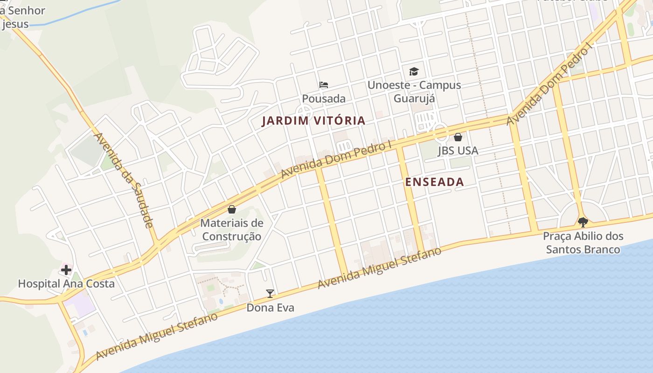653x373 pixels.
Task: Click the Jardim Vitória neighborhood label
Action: (x=313, y=121)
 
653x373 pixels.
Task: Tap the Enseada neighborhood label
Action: (x=435, y=182)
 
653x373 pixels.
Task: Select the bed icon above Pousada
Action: (x=324, y=85)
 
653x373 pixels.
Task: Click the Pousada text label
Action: (x=324, y=99)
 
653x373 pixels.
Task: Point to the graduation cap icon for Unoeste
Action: (x=414, y=71)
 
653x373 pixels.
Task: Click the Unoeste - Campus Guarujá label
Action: (x=414, y=92)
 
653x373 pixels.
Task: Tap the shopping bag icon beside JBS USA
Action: (x=458, y=137)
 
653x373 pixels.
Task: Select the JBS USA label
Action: (x=458, y=151)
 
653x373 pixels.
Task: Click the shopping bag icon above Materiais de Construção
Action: (x=232, y=209)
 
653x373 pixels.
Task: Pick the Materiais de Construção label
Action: (x=232, y=230)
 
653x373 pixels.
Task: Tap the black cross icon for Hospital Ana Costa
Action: (x=66, y=269)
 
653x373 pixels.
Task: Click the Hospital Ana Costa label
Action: (x=66, y=283)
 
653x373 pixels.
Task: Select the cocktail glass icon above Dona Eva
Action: (x=270, y=294)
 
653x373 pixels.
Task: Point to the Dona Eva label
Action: (x=270, y=308)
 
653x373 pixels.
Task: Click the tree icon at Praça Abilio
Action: (x=583, y=222)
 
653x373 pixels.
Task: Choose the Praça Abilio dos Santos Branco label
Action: (x=583, y=243)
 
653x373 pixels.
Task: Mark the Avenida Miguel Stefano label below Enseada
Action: (x=379, y=268)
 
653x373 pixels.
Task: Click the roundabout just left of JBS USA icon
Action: (x=441, y=132)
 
